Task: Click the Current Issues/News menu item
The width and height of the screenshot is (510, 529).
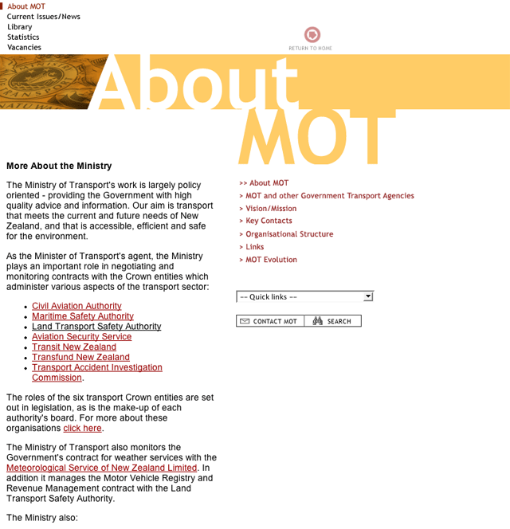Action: (x=43, y=17)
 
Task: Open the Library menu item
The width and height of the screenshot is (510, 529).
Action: (x=20, y=27)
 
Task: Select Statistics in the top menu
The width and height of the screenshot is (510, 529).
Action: (x=23, y=37)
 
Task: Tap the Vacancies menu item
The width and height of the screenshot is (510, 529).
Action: (x=24, y=48)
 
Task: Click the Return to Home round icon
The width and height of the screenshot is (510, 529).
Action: (x=312, y=34)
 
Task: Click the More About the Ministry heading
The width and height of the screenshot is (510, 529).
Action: (x=59, y=167)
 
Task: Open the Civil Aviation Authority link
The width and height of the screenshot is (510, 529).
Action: (x=76, y=306)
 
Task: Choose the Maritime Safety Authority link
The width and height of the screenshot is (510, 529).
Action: (x=83, y=316)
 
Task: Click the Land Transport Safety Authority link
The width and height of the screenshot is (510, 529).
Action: (x=96, y=327)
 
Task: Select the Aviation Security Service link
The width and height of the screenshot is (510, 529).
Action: (x=81, y=337)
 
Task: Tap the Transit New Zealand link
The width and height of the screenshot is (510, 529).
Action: (x=74, y=347)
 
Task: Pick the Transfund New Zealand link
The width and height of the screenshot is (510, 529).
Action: (x=80, y=358)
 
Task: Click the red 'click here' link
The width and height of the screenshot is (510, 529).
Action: (x=83, y=429)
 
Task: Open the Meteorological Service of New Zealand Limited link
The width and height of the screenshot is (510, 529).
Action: (x=102, y=468)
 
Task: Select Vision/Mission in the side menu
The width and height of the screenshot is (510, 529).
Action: (x=271, y=209)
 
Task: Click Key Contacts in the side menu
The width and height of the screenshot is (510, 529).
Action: (x=269, y=221)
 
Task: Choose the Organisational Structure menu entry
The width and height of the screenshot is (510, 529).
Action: (x=289, y=234)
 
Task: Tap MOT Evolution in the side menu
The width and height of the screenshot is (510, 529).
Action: (x=271, y=260)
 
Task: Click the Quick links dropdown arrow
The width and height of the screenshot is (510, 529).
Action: (x=367, y=296)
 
